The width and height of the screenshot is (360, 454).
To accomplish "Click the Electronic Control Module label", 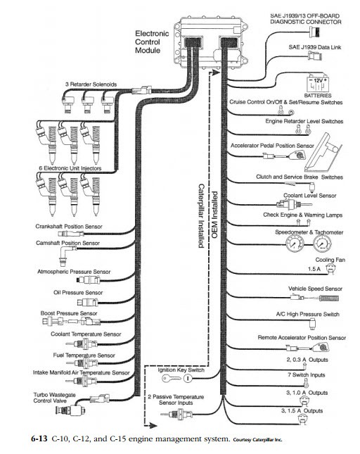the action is (152, 42).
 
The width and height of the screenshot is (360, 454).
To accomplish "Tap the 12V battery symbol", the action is (318, 84).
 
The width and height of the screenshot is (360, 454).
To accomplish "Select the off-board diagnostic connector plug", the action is (315, 31).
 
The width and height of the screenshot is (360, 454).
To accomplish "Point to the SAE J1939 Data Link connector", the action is (315, 56).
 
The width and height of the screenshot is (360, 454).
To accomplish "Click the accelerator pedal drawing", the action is (323, 153).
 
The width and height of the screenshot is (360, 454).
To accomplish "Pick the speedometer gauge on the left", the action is (295, 244).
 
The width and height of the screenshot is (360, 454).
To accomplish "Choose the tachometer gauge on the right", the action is (322, 244).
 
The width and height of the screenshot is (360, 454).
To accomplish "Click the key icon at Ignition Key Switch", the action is (171, 378).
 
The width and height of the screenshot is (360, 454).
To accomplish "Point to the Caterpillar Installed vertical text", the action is (201, 215).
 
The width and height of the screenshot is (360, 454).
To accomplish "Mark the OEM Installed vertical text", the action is (214, 215).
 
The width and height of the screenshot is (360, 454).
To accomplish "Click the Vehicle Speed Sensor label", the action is (315, 289).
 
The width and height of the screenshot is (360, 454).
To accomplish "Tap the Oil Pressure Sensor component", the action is (88, 303).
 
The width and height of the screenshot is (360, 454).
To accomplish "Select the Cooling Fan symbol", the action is (330, 269).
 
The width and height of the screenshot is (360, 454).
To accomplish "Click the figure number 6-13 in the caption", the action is (39, 439).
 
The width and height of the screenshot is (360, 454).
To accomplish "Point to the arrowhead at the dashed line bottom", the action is (153, 425).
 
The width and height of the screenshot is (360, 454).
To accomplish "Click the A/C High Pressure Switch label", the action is (308, 314).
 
